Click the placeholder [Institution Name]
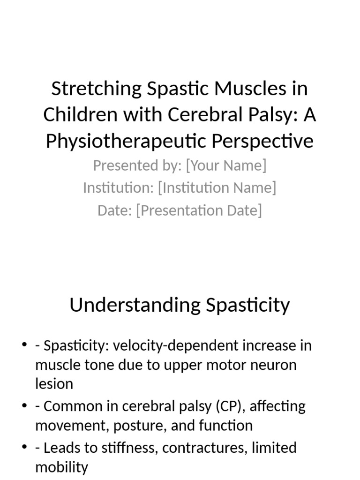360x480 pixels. pyautogui.click(x=217, y=188)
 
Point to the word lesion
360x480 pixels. pyautogui.click(x=54, y=384)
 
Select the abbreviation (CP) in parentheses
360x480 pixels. pyautogui.click(x=229, y=406)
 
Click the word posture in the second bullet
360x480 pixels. pyautogui.click(x=142, y=426)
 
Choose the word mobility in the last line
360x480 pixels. pyautogui.click(x=61, y=467)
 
